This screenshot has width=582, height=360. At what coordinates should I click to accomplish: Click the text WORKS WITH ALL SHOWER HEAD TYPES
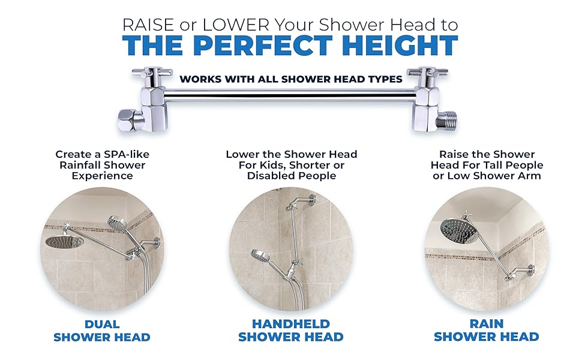pyautogui.click(x=291, y=79)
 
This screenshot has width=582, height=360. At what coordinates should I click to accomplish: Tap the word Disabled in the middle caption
pyautogui.click(x=267, y=176)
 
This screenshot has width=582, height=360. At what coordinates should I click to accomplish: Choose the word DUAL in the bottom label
pyautogui.click(x=101, y=323)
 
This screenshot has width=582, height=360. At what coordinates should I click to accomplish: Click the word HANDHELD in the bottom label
pyautogui.click(x=290, y=323)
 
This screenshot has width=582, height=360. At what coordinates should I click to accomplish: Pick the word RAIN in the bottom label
pyautogui.click(x=486, y=323)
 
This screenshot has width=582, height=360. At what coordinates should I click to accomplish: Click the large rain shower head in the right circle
pyautogui.click(x=458, y=228)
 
